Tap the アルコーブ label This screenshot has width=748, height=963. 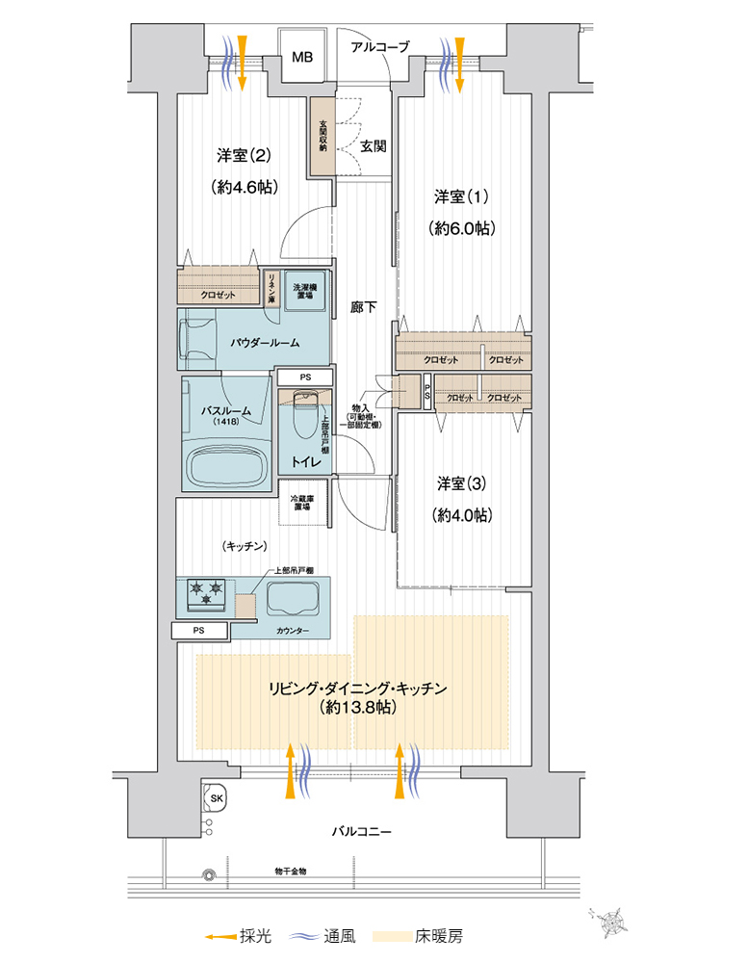[x=380, y=46]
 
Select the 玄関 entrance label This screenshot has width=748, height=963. [x=374, y=147]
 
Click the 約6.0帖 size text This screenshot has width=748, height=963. [x=462, y=228]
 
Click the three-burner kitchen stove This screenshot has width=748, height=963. [x=204, y=594]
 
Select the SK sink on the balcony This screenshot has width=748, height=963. [x=216, y=799]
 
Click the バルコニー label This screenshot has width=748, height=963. [x=361, y=831]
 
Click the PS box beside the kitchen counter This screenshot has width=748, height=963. [x=199, y=631]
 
